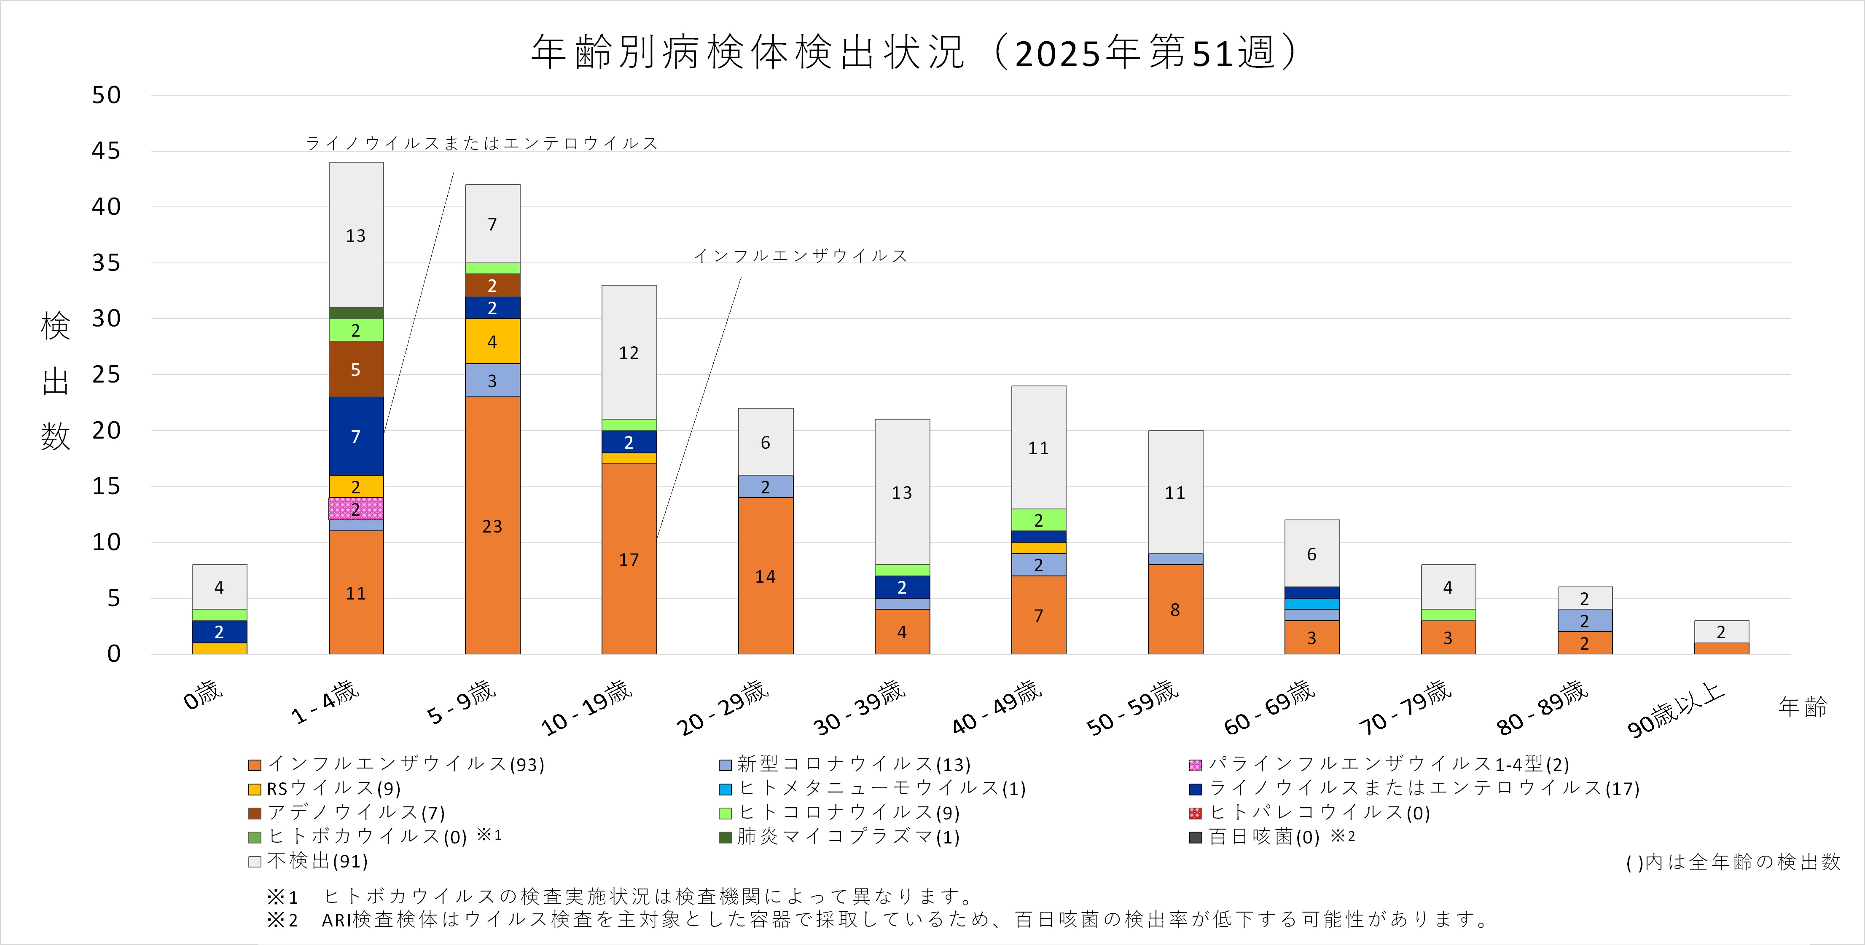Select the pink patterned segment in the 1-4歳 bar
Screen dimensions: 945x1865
click(355, 509)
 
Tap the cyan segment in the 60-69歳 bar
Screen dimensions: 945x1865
click(1311, 603)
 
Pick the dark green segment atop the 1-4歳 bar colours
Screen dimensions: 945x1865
click(355, 313)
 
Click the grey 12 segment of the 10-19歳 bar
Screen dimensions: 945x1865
click(629, 352)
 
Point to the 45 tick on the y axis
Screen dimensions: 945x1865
click(106, 151)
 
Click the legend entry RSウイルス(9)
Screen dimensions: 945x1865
click(333, 788)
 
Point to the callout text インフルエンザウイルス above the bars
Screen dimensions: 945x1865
click(801, 255)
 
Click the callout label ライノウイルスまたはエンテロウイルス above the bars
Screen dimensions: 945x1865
click(481, 143)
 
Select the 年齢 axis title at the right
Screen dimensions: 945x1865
click(1802, 706)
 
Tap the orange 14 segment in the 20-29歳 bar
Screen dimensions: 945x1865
click(765, 576)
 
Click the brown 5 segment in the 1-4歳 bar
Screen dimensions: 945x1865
click(355, 370)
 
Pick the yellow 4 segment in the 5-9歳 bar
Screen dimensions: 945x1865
click(492, 342)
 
